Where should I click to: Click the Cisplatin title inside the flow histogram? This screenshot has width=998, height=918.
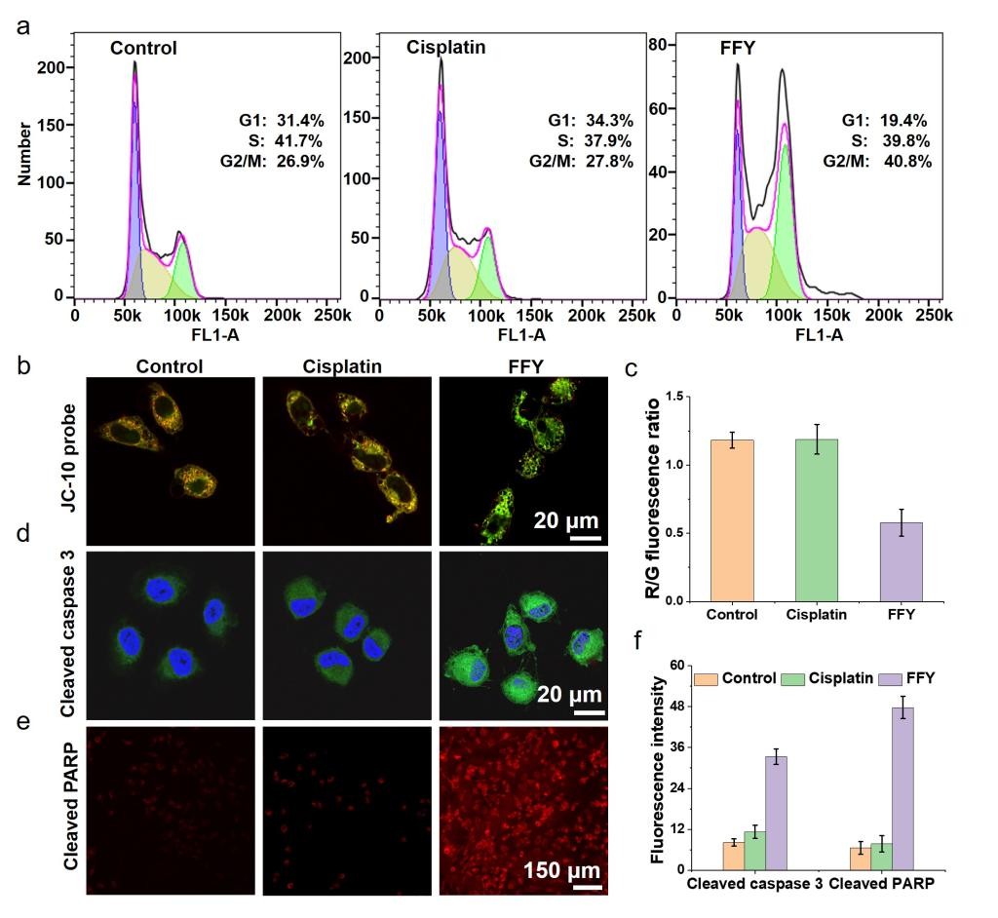pos(445,48)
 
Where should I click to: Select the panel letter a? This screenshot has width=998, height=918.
pos(22,26)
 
